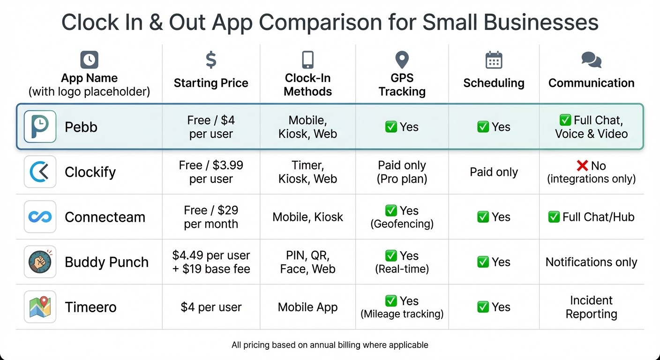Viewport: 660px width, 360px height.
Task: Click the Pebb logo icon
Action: click(x=40, y=127)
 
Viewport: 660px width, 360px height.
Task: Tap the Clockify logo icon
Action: click(x=40, y=172)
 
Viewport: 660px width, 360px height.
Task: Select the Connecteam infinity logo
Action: click(x=40, y=217)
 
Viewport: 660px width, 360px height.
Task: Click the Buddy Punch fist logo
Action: click(x=40, y=262)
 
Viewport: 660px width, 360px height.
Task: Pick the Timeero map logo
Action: click(x=40, y=307)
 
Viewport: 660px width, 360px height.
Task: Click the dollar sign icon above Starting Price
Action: click(x=211, y=60)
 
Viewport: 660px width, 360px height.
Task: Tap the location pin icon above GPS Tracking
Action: click(x=402, y=60)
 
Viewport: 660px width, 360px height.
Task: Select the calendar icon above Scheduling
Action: click(x=494, y=60)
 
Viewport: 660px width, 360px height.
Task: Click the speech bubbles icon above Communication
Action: click(x=591, y=60)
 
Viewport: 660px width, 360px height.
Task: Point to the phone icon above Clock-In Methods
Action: click(x=307, y=60)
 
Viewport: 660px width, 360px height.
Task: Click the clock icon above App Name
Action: click(x=89, y=60)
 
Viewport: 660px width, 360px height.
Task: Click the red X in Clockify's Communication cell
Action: click(x=582, y=165)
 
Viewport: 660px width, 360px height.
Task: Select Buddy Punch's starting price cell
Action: click(x=211, y=262)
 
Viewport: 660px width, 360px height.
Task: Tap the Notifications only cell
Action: click(x=591, y=262)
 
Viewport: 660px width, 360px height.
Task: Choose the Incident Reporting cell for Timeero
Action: click(x=591, y=307)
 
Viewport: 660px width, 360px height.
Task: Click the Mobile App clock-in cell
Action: click(x=307, y=307)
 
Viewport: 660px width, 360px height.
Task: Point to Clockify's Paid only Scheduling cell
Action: click(x=494, y=172)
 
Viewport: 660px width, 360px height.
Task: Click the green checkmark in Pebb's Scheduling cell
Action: click(x=483, y=127)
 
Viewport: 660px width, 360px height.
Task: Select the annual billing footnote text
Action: click(x=330, y=345)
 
